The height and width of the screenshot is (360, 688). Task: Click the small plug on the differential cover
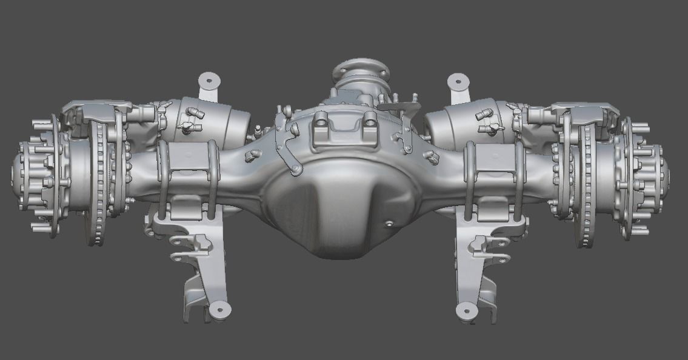[x=389, y=224]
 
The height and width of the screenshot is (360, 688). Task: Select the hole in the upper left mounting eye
[x=210, y=80]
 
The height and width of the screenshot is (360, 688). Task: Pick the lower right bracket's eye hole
[x=466, y=311]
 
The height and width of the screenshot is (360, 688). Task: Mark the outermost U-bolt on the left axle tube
[x=162, y=179]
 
